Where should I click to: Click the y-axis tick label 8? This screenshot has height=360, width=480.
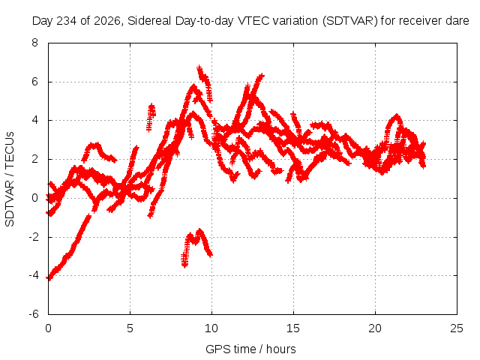(34, 43)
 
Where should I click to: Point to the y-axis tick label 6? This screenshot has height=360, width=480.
(34, 82)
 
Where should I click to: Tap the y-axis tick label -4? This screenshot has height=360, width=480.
(34, 275)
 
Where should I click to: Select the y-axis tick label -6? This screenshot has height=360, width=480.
(34, 314)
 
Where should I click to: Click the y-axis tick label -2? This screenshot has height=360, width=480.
(34, 237)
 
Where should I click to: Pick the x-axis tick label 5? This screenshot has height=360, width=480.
(130, 328)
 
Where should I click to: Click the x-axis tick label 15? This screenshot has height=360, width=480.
(293, 328)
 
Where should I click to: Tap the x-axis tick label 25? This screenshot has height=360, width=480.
(457, 328)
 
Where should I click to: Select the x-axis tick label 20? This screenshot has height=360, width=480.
(375, 328)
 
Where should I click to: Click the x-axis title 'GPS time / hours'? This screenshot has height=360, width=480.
(250, 349)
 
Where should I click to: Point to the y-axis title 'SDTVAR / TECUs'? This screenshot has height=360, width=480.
(10, 179)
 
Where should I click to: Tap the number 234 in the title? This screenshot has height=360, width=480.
(67, 21)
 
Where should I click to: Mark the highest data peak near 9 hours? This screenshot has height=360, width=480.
(199, 67)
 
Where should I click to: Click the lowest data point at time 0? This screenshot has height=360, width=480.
(49, 278)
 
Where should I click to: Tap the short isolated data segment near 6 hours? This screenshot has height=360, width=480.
(151, 117)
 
